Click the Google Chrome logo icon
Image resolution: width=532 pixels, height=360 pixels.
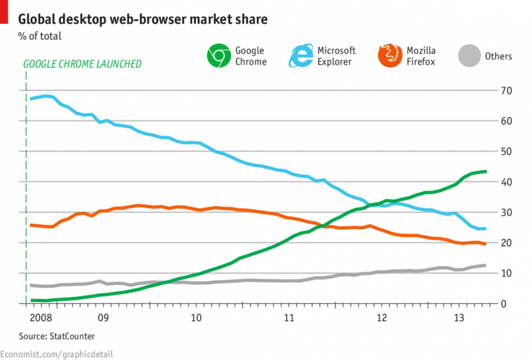point(218,56)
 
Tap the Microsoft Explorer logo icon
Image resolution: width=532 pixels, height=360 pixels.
point(302,56)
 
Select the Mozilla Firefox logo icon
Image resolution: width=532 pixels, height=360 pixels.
point(389,56)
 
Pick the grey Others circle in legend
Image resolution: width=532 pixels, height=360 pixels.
point(469,56)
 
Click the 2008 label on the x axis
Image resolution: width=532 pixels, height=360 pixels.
point(41,317)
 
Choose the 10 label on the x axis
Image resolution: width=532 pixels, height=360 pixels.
point(197,317)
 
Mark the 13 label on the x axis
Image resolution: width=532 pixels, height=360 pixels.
point(461,317)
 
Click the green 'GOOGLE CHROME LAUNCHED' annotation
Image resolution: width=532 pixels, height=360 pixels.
point(83,64)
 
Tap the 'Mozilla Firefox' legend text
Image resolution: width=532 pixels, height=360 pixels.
point(422,56)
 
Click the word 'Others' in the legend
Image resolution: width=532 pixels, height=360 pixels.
point(498,56)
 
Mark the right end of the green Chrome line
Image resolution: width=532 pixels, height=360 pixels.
point(486,171)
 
